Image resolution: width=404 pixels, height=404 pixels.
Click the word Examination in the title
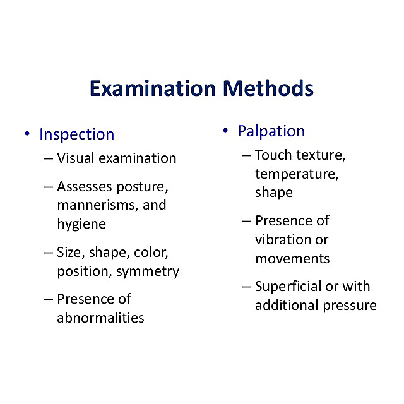[153, 88]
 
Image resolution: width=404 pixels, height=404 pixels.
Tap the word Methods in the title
[268, 88]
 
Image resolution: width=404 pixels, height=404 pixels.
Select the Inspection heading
[77, 134]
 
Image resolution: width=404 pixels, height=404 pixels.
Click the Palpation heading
[271, 131]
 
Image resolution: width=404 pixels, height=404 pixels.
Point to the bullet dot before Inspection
[27, 133]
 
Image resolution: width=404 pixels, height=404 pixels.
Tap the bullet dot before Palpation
[225, 131]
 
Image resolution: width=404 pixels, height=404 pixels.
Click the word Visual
[76, 158]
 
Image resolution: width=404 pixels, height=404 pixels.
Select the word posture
[142, 187]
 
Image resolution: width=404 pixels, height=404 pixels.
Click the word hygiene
[81, 224]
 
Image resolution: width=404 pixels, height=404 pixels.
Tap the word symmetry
[148, 272]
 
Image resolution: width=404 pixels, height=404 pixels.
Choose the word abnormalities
[100, 318]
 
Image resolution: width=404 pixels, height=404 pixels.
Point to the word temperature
[297, 174]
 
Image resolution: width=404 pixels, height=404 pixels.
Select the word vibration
[283, 240]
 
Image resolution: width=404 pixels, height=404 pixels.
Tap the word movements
[292, 259]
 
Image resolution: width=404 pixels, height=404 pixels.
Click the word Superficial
[288, 286]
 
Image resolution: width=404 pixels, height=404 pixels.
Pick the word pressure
[350, 306]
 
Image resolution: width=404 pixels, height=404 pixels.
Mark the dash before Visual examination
[49, 158]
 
